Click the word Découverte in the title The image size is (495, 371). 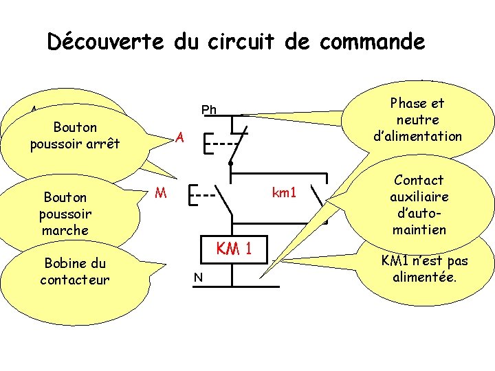(105, 42)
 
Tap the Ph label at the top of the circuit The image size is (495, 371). (209, 110)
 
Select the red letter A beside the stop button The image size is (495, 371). (179, 137)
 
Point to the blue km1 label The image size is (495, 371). (284, 192)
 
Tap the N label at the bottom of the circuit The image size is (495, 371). (197, 277)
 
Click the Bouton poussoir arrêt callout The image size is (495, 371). (75, 135)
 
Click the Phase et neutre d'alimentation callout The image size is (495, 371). (417, 120)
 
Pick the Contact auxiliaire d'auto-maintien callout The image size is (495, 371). (419, 204)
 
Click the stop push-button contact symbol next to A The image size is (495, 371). (227, 144)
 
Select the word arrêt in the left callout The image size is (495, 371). (101, 144)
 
